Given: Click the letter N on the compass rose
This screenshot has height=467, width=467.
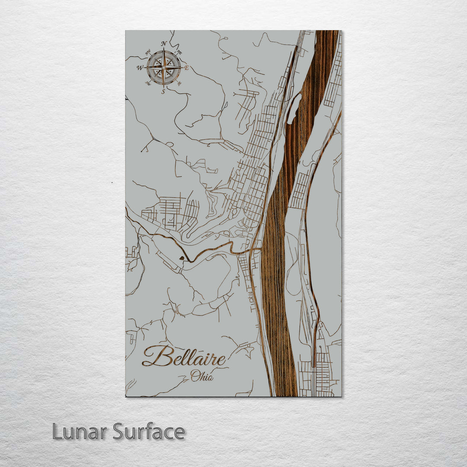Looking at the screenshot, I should tap(163, 44).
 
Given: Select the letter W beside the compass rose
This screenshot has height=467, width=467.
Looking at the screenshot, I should tap(140, 68).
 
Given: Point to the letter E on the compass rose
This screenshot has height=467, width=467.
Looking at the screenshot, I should tap(187, 68).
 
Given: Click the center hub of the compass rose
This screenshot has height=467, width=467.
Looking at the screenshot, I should tap(163, 67).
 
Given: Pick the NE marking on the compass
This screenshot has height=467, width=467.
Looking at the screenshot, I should tap(179, 52).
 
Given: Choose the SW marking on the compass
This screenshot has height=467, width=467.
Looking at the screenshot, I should tap(149, 83).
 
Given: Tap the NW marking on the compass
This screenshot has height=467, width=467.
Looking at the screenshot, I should tap(148, 52).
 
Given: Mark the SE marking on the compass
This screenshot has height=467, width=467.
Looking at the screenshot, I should tap(179, 83).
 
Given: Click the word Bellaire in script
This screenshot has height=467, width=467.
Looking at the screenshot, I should tap(184, 357).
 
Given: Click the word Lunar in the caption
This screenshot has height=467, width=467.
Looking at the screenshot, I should tap(80, 431).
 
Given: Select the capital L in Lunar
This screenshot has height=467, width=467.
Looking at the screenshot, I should tap(57, 431).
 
